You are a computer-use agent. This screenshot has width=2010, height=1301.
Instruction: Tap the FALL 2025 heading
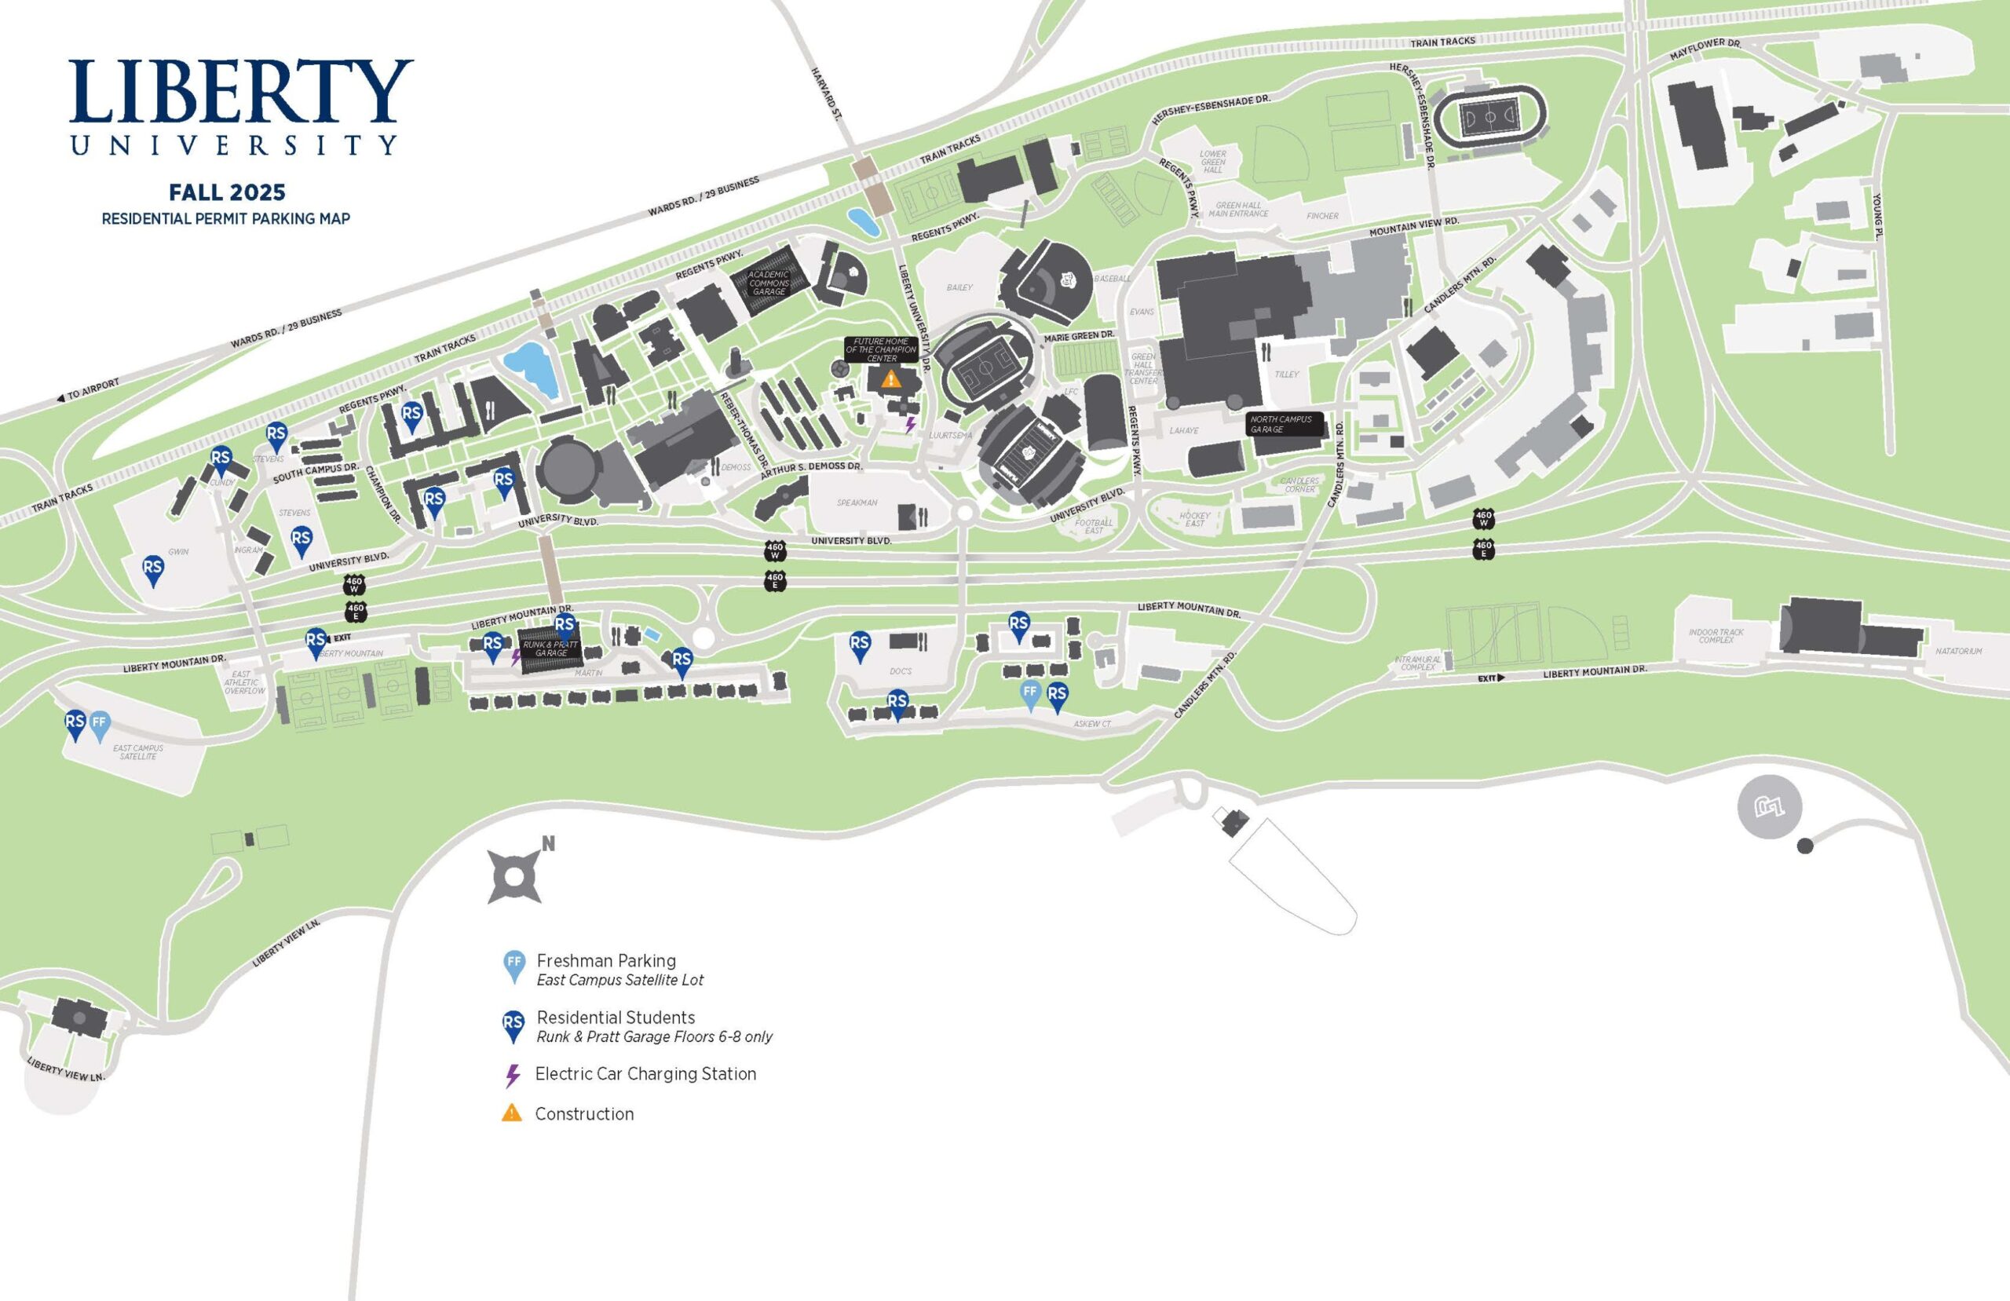pyautogui.click(x=226, y=192)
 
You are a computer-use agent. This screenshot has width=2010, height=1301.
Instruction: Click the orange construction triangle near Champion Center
pyautogui.click(x=890, y=379)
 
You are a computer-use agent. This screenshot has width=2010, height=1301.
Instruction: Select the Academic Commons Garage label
pyautogui.click(x=769, y=283)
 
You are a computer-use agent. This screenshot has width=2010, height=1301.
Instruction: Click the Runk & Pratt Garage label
pyautogui.click(x=550, y=649)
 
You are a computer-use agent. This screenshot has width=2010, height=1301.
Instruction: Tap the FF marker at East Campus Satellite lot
pyautogui.click(x=100, y=723)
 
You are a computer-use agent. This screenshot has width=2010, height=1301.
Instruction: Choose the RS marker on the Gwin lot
pyautogui.click(x=153, y=568)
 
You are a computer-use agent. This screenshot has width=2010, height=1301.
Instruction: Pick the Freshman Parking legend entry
pyautogui.click(x=605, y=961)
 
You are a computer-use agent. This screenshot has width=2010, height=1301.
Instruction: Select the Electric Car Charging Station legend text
pyautogui.click(x=645, y=1075)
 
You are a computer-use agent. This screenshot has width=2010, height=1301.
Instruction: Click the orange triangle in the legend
pyautogui.click(x=512, y=1113)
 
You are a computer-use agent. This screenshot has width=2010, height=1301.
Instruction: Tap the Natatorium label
pyautogui.click(x=1958, y=652)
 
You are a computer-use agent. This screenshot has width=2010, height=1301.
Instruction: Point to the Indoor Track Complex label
pyautogui.click(x=1716, y=636)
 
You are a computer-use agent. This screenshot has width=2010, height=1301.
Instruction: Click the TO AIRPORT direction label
pyautogui.click(x=89, y=389)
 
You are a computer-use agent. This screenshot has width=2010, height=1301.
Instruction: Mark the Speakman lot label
pyautogui.click(x=857, y=502)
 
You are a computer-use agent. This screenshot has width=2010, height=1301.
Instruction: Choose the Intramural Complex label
pyautogui.click(x=1418, y=663)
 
